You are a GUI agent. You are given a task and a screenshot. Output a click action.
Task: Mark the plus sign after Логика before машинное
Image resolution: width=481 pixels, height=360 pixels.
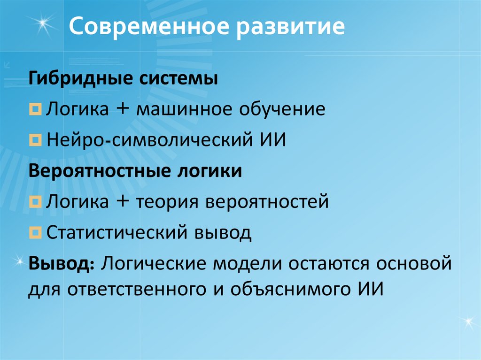(x=123, y=110)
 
